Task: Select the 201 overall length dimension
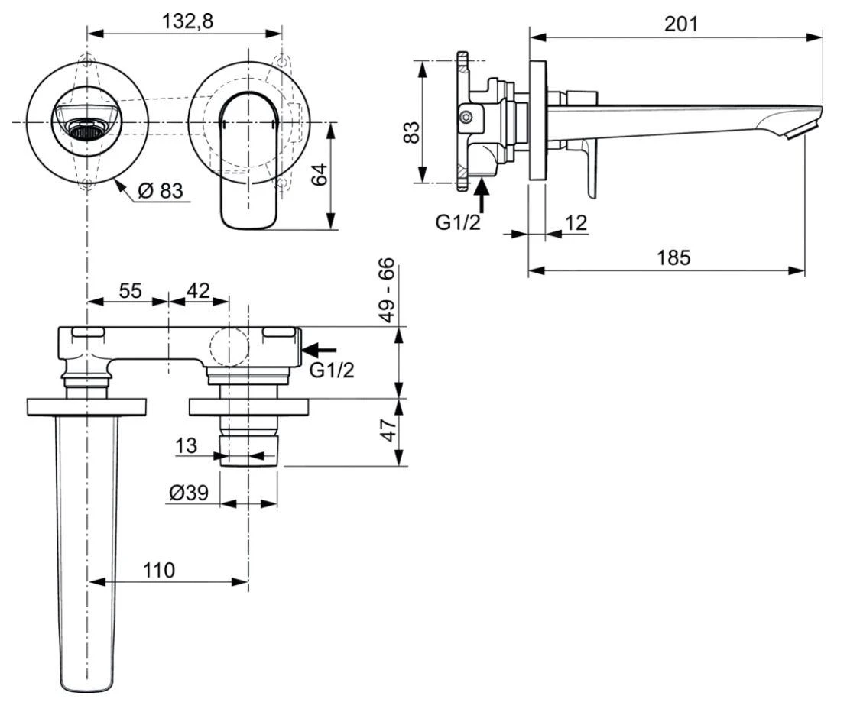pos(681,24)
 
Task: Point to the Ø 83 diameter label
pos(161,190)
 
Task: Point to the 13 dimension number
pos(187,445)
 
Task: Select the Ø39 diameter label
pos(189,493)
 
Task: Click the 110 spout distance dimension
pos(158,569)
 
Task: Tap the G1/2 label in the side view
pos(458,223)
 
